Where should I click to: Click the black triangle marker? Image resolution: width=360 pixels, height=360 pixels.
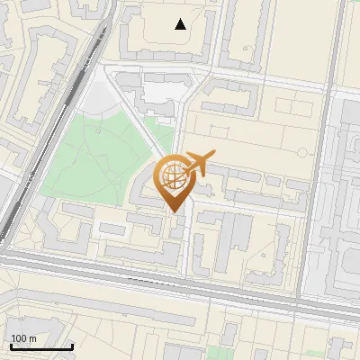pos(181,24)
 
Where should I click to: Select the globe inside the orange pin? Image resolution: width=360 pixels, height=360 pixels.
pos(172,177)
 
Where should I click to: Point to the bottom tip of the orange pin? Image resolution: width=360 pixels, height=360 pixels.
pos(172,211)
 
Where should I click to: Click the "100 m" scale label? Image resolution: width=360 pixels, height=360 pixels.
pos(24,338)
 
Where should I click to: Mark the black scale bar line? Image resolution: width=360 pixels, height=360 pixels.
pos(41,346)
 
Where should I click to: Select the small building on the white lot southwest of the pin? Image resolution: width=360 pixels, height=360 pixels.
pos(112,229)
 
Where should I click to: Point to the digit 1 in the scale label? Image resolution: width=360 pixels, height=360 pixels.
pos(13,338)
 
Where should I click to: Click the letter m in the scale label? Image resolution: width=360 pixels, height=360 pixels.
pos(33,338)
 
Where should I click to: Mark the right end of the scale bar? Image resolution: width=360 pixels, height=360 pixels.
pos(72,346)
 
